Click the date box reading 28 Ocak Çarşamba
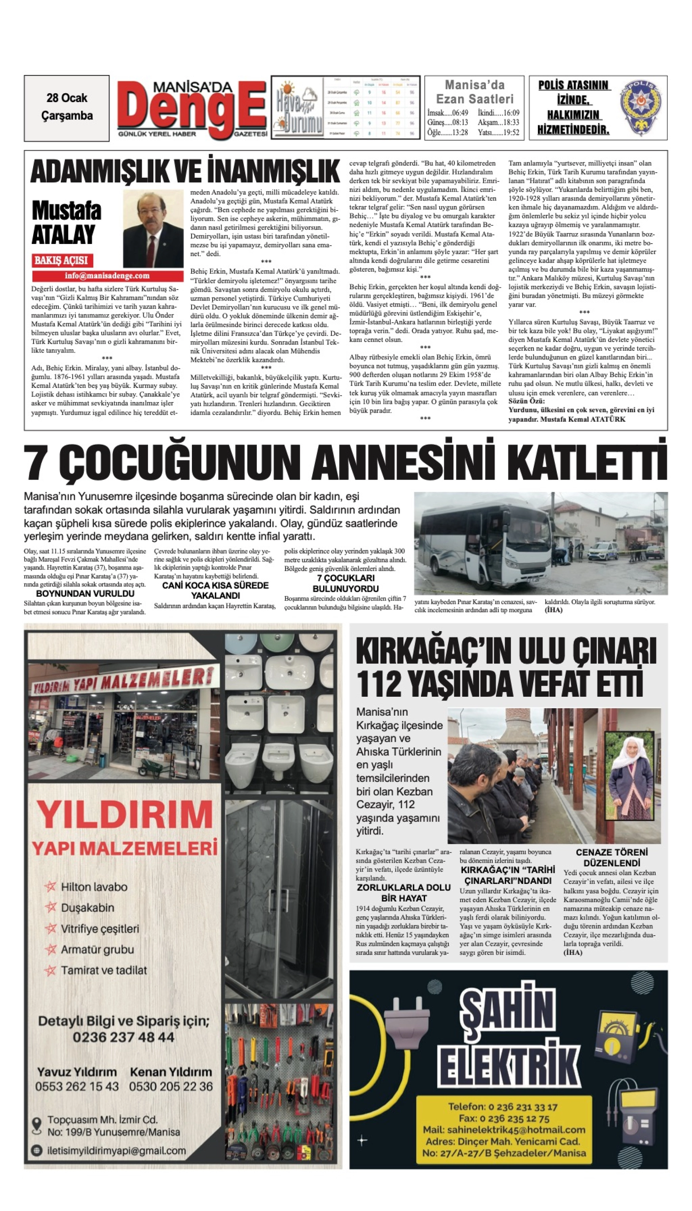67,107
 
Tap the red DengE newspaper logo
192,109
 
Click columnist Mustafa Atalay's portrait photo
153,229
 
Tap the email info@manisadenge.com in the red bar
107,276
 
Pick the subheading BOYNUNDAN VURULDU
85,593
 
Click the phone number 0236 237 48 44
123,1038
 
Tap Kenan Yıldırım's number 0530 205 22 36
170,1086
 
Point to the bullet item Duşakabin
87,908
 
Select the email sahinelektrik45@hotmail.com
504,1130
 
